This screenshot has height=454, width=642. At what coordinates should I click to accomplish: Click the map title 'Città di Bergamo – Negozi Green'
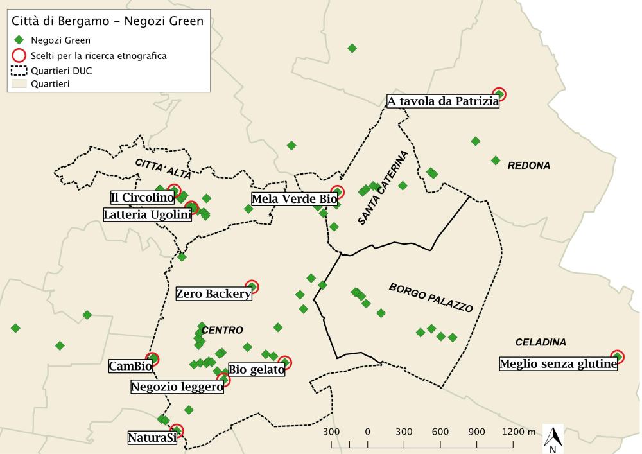(107, 21)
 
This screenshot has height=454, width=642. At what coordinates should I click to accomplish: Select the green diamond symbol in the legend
(19, 40)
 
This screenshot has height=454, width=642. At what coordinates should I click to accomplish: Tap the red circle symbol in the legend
(19, 56)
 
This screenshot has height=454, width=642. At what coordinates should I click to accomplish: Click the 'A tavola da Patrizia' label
(442, 101)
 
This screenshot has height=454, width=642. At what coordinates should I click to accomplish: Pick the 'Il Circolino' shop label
(142, 197)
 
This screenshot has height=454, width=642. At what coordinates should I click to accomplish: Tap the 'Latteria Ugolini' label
(147, 214)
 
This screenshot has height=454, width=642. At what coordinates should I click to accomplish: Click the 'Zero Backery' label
(214, 294)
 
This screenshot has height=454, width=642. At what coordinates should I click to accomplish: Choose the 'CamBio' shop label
(130, 367)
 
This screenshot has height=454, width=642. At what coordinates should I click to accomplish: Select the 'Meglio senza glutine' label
(558, 364)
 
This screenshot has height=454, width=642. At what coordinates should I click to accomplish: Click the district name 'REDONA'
(528, 166)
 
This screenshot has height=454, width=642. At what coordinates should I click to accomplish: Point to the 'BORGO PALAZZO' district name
(431, 297)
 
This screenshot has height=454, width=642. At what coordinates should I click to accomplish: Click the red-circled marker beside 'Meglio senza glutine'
(617, 356)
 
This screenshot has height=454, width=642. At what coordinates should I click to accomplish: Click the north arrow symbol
(554, 439)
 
